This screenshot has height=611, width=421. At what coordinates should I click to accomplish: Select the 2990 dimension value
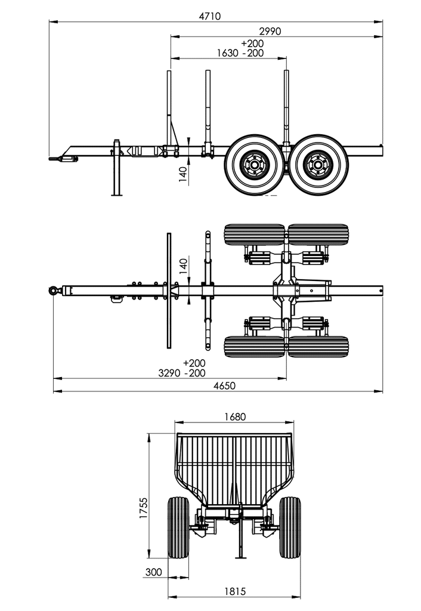pyautogui.click(x=269, y=31)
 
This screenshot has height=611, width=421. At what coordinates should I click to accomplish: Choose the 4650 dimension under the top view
pyautogui.click(x=224, y=385)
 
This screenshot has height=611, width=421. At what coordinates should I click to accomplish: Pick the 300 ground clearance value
pyautogui.click(x=153, y=572)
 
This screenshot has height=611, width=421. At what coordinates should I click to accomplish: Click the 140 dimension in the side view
pyautogui.click(x=183, y=173)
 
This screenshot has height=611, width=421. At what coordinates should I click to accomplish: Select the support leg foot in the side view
pyautogui.click(x=116, y=194)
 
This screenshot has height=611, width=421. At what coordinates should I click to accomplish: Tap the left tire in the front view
pyautogui.click(x=178, y=527)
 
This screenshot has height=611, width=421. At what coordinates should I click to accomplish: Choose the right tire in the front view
pyautogui.click(x=290, y=527)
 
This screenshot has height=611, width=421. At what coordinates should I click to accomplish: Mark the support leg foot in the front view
pyautogui.click(x=241, y=558)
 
